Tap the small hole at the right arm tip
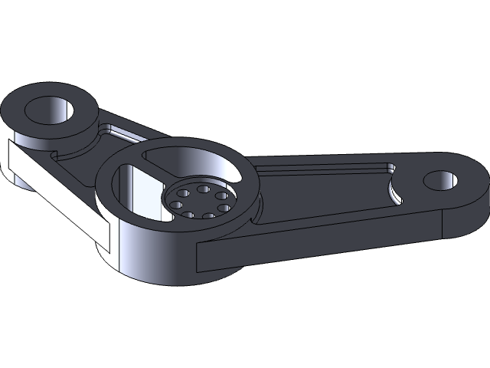pos(440,181)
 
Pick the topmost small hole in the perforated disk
pos(204,188)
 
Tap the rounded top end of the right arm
pos(467,184)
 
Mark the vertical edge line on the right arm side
pos(443,222)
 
